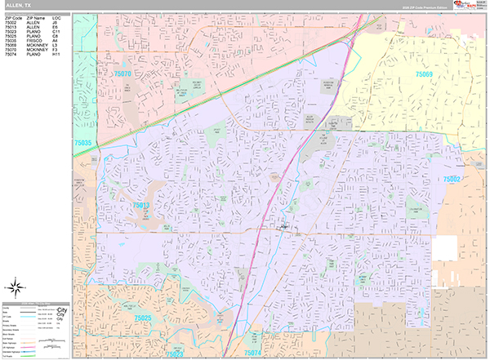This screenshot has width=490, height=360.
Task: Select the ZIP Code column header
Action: point(13,16)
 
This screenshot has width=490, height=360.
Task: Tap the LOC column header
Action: point(57,16)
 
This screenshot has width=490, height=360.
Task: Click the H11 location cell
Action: point(56,56)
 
